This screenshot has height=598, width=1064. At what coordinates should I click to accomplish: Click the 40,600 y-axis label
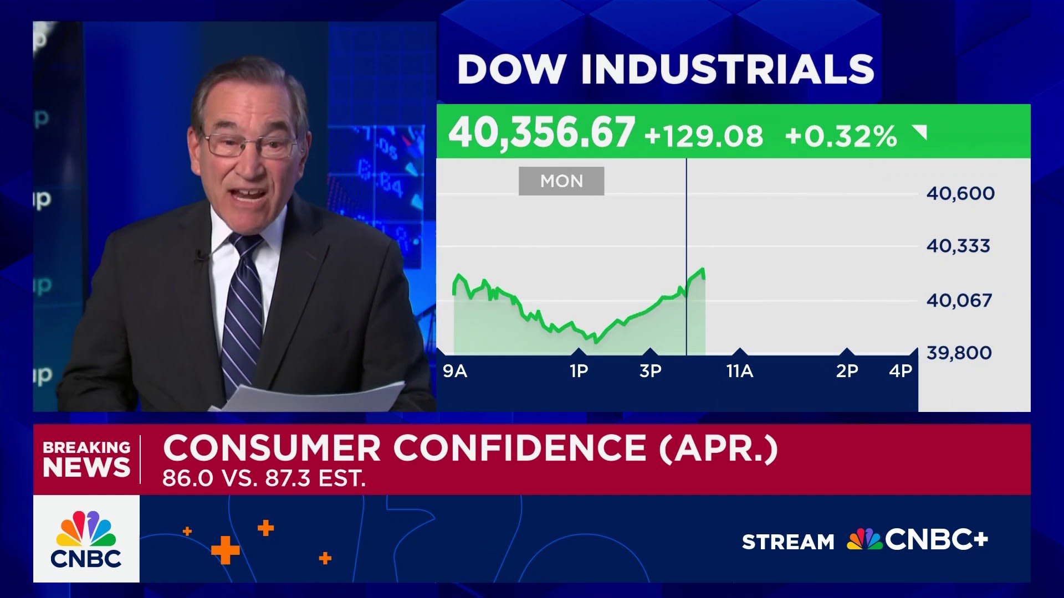pyautogui.click(x=960, y=193)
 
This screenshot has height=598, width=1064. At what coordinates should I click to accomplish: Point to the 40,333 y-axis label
pyautogui.click(x=958, y=246)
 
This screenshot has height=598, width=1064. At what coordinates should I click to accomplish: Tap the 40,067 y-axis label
pyautogui.click(x=959, y=300)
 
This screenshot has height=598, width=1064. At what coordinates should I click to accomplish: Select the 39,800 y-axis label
pyautogui.click(x=959, y=353)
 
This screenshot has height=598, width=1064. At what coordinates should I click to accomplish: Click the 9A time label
pyautogui.click(x=455, y=371)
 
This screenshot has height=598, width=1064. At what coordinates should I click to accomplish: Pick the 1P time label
pyautogui.click(x=579, y=371)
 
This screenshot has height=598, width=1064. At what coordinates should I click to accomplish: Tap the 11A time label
pyautogui.click(x=740, y=371)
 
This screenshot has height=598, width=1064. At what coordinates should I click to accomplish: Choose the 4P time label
pyautogui.click(x=901, y=371)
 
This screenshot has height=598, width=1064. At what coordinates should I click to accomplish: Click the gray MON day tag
pyautogui.click(x=561, y=181)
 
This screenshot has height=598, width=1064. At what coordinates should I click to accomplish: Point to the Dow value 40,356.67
pyautogui.click(x=541, y=133)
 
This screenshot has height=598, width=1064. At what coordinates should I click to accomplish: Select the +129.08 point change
pyautogui.click(x=704, y=136)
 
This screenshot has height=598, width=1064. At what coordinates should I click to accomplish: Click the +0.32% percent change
pyautogui.click(x=841, y=136)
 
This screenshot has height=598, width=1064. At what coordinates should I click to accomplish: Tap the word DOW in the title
pyautogui.click(x=511, y=70)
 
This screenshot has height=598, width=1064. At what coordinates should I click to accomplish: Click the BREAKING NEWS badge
pyautogui.click(x=86, y=459)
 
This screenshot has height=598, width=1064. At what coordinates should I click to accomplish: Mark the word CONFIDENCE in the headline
pyautogui.click(x=520, y=448)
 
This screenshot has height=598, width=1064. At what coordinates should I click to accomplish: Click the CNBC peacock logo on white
pyautogui.click(x=86, y=538)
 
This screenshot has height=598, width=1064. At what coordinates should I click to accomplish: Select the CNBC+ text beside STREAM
pyautogui.click(x=936, y=540)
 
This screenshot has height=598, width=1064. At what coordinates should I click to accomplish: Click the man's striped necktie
pyautogui.click(x=243, y=310)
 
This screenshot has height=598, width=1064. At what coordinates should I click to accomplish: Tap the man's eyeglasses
pyautogui.click(x=249, y=143)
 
